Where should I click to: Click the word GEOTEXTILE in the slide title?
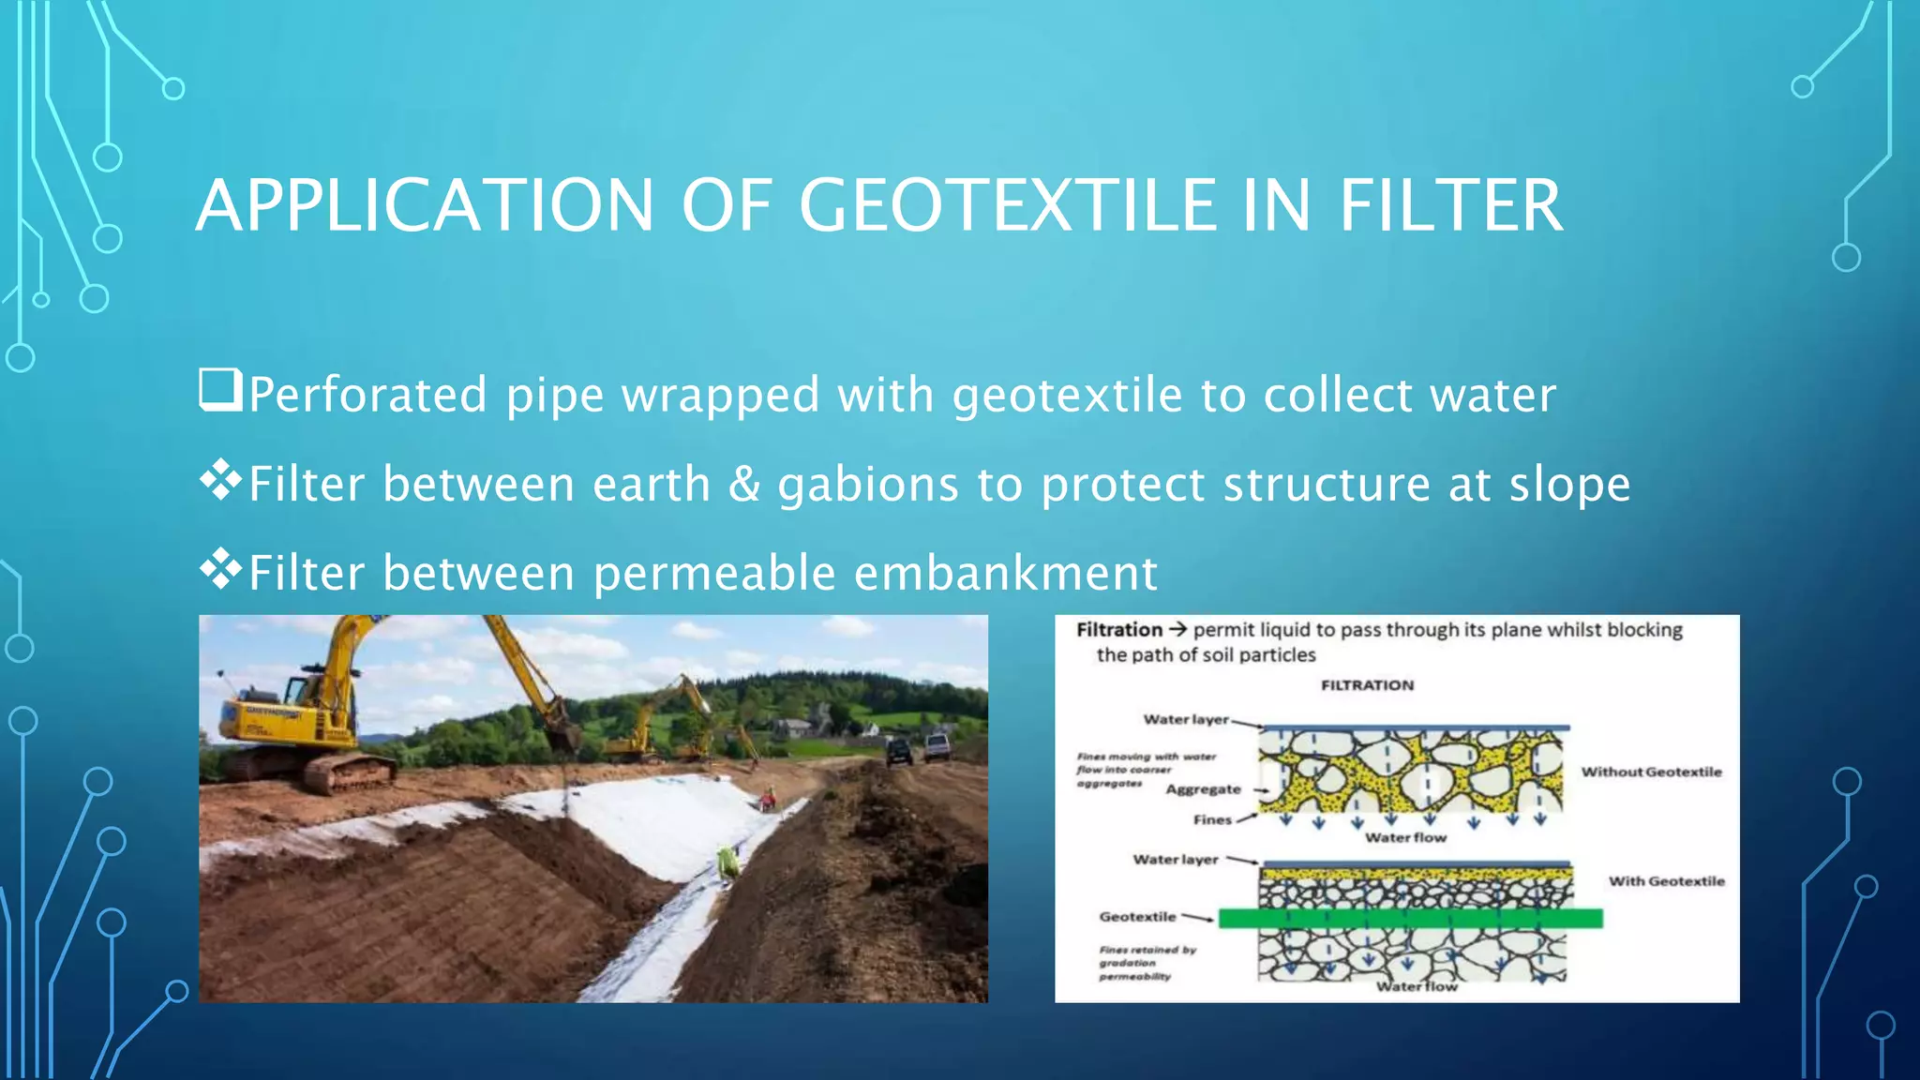coord(1007,205)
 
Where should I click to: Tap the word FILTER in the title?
coord(1450,205)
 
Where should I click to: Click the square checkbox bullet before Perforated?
coord(220,390)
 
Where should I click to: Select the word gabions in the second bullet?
coord(868,486)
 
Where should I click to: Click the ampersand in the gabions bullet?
coord(744,484)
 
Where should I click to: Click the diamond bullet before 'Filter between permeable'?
coord(220,568)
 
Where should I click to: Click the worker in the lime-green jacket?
coord(727,862)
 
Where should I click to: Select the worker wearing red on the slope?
coord(768,799)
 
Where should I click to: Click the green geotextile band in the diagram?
coord(1410,918)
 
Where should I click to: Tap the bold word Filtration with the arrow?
coord(1119,630)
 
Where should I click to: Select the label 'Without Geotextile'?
coord(1651,772)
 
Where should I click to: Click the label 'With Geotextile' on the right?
coord(1666,881)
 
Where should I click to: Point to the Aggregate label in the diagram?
coord(1203,789)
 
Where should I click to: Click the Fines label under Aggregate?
coord(1212,819)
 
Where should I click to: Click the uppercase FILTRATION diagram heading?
coord(1367,685)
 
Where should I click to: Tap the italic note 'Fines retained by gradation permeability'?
coord(1147,963)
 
